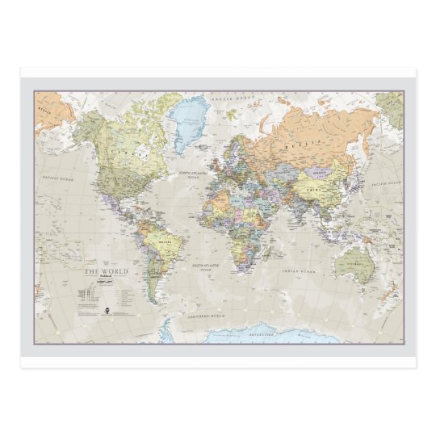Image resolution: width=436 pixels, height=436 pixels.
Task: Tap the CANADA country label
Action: click(x=123, y=152)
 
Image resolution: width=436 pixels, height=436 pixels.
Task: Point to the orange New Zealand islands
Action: click(x=392, y=289)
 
